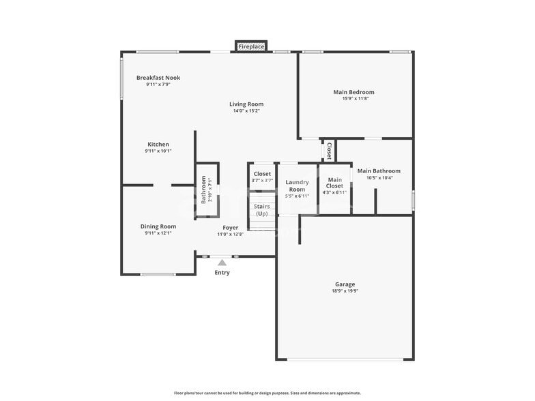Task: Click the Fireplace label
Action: (251, 46)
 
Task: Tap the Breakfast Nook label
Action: (158, 78)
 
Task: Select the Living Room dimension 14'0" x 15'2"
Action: (246, 110)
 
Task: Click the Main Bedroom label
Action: (353, 92)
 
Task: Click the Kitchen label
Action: (158, 144)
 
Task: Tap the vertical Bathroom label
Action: (203, 190)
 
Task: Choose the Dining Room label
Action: (158, 226)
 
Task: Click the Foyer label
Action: (230, 227)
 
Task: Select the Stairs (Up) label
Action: (262, 210)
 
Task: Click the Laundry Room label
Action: (297, 185)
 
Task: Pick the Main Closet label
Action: (334, 182)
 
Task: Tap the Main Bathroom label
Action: (379, 171)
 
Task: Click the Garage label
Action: (345, 284)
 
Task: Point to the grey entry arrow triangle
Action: (222, 262)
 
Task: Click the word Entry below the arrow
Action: (222, 273)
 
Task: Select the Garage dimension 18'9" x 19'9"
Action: (345, 291)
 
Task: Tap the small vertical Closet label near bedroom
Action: (328, 151)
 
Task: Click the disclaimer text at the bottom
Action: (267, 393)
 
